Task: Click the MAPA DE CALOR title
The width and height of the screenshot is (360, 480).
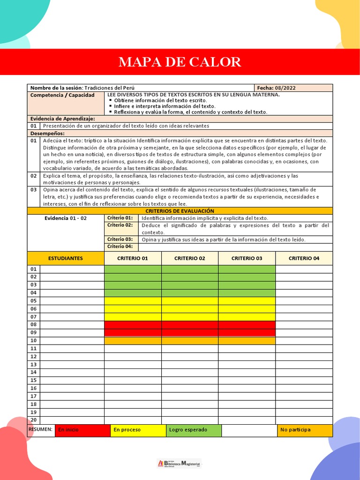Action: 180,62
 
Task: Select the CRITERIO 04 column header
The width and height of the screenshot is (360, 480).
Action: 304,258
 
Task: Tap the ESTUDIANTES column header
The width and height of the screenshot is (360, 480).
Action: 66,258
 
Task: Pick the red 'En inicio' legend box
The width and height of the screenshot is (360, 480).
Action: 82,430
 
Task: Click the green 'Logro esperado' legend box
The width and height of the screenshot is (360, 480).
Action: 194,430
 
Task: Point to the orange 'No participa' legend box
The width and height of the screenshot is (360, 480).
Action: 305,430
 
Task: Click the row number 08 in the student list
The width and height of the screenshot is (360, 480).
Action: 34,325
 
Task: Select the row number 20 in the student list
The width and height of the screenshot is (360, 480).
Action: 34,420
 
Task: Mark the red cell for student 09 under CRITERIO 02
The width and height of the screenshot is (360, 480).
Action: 190,333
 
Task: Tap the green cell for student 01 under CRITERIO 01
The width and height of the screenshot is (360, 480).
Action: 133,269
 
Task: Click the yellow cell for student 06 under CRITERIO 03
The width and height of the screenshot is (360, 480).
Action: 247,309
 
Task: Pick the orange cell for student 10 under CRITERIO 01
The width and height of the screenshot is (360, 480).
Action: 133,341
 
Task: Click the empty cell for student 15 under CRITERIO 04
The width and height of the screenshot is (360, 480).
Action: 304,380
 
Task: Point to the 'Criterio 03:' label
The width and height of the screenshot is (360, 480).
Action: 120,240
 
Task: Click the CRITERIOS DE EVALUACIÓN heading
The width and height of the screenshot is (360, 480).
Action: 180,211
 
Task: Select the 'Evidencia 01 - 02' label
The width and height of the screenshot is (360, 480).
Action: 66,218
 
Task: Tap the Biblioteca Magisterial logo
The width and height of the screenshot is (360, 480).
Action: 180,463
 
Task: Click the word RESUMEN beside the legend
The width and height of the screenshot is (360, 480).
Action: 40,429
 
